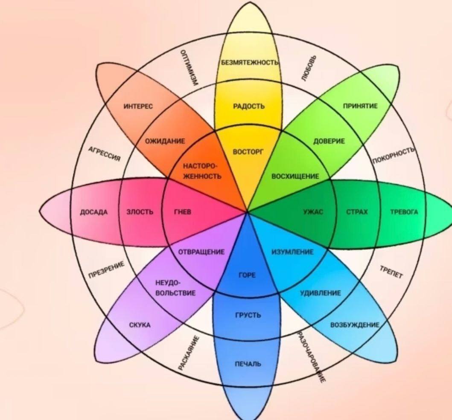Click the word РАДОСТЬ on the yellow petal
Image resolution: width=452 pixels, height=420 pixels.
pyautogui.click(x=249, y=106)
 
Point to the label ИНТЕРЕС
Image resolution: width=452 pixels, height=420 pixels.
pyautogui.click(x=138, y=106)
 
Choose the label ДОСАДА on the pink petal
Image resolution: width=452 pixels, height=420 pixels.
pyautogui.click(x=94, y=212)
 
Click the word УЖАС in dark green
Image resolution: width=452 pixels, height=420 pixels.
pyautogui.click(x=313, y=212)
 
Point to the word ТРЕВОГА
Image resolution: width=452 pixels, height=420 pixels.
pyautogui.click(x=404, y=212)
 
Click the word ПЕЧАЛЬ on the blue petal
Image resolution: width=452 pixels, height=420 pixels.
pyautogui.click(x=248, y=364)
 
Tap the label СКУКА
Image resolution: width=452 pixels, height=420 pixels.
pyautogui.click(x=140, y=325)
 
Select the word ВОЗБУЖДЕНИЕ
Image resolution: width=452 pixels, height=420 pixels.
pyautogui.click(x=355, y=325)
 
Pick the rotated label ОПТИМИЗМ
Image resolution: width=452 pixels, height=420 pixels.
pyautogui.click(x=189, y=68)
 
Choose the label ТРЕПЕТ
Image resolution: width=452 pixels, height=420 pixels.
pyautogui.click(x=391, y=272)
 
